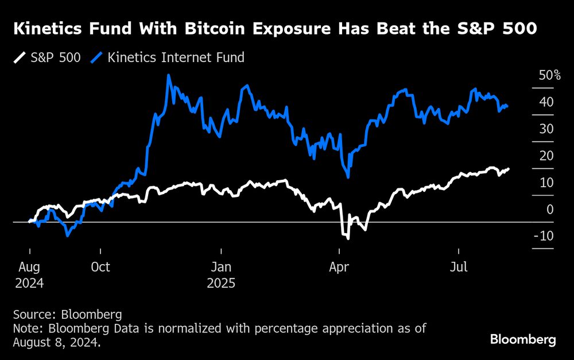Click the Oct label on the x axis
click(x=100, y=268)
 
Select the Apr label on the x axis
click(x=340, y=268)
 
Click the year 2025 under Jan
click(x=221, y=283)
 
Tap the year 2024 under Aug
click(x=29, y=283)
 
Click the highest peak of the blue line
click(x=168, y=75)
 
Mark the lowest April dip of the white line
click(x=347, y=237)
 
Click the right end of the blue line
click(x=507, y=106)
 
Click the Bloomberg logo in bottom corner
click(x=523, y=340)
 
